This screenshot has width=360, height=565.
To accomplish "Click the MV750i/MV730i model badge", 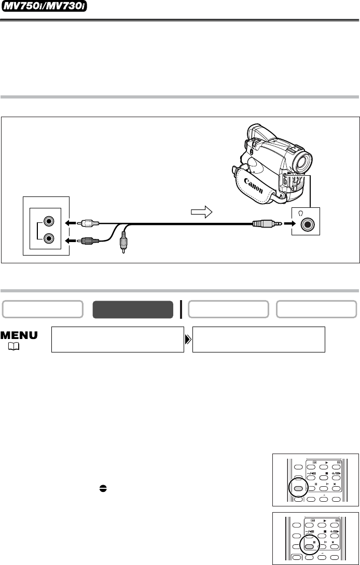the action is point(45,7).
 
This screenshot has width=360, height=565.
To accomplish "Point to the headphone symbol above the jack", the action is point(297,214).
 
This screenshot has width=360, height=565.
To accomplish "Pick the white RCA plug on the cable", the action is point(88,223).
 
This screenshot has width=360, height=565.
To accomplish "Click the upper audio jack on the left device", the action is point(48,221).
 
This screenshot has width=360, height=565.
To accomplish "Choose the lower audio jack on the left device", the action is point(48,238).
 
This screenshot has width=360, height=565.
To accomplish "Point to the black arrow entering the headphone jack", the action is point(289,223).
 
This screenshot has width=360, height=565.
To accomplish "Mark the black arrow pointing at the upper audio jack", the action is point(70,223).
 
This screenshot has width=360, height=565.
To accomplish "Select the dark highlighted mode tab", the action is point(133,309).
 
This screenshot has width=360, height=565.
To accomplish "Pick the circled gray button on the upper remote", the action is point(298,489).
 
